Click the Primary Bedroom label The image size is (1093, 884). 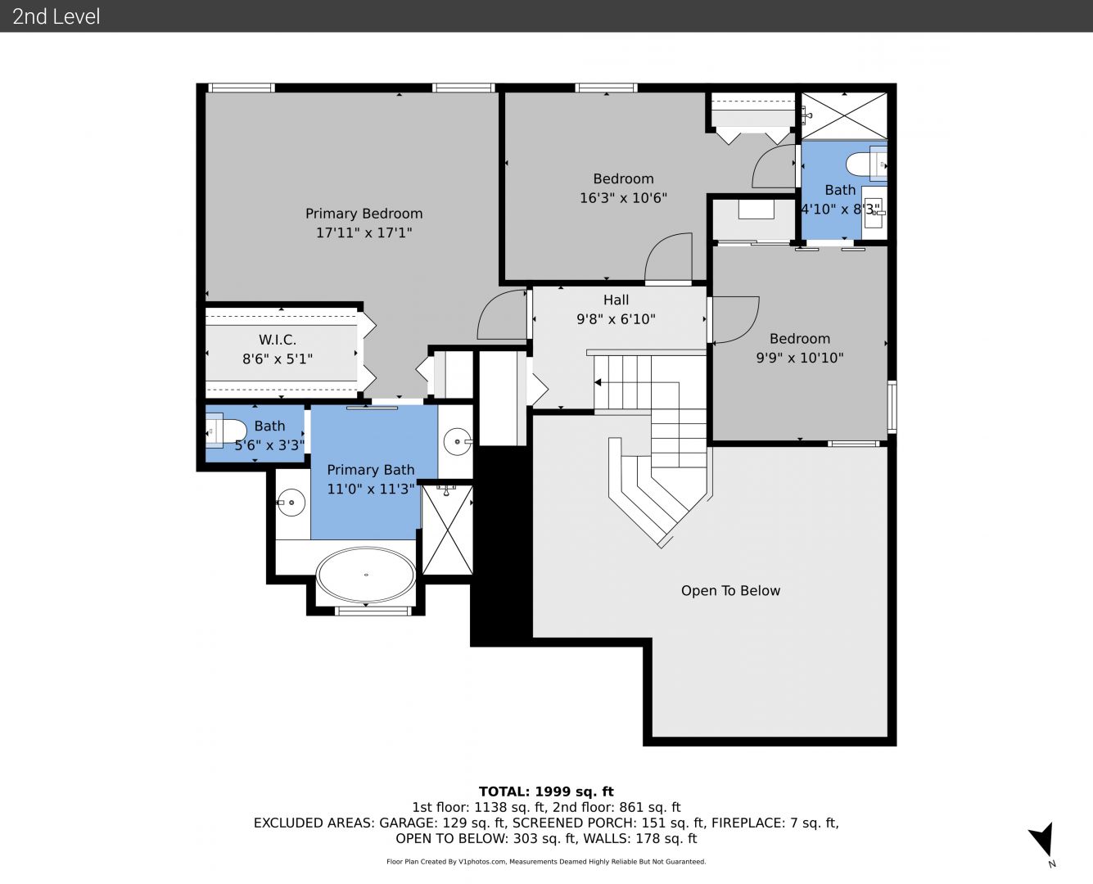(x=364, y=214)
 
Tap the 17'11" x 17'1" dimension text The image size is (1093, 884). (x=364, y=233)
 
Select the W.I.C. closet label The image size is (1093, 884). (x=277, y=340)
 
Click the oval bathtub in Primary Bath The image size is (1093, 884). (x=366, y=575)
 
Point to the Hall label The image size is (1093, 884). (x=616, y=300)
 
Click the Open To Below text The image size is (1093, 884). (x=730, y=590)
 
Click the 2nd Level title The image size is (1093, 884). (x=56, y=16)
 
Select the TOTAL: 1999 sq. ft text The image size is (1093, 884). (x=546, y=792)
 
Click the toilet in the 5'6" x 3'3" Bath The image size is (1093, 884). (x=226, y=431)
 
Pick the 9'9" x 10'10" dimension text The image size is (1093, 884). (x=799, y=358)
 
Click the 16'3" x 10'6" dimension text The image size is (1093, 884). (x=623, y=198)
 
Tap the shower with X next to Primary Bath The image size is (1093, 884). (x=447, y=530)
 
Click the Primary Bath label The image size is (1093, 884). (x=371, y=470)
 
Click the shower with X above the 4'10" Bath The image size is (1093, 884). (x=844, y=115)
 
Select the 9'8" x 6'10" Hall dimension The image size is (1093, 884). (x=616, y=319)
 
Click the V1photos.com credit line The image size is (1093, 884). (x=546, y=861)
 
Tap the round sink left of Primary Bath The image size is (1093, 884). (x=291, y=503)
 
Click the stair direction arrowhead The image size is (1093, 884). (x=598, y=382)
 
